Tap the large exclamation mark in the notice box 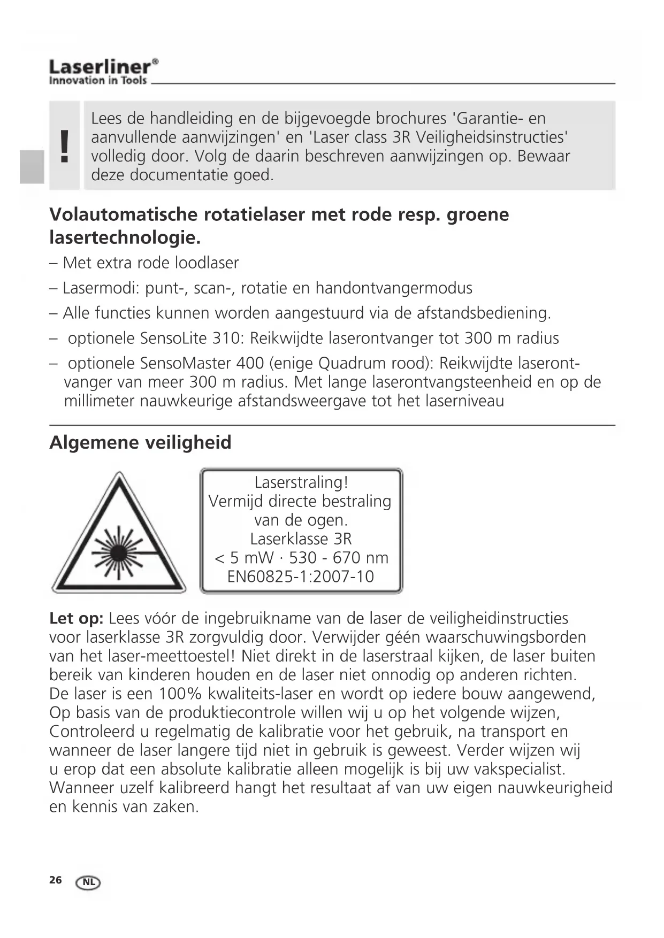coord(65,146)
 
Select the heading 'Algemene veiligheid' coord(140,443)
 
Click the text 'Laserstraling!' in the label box coord(301,482)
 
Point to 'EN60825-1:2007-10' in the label coord(301,576)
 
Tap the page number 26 coord(56,880)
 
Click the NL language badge coord(88,882)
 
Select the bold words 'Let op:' coord(76,619)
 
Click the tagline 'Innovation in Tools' coord(98,81)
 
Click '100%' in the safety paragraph coord(180,694)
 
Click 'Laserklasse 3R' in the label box coord(301,539)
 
